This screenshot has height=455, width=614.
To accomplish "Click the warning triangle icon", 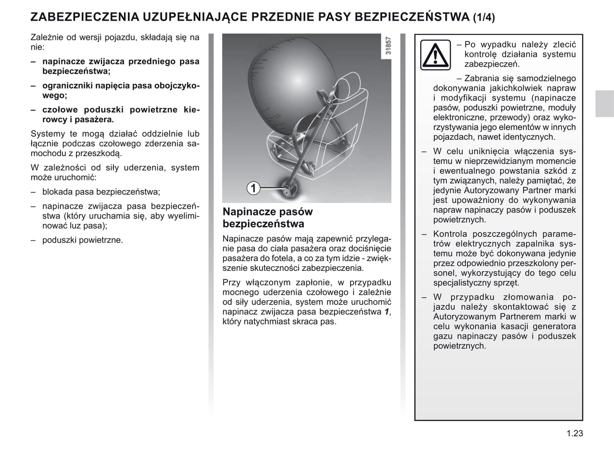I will pyautogui.click(x=435, y=55).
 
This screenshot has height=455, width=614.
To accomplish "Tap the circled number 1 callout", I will pyautogui.click(x=253, y=188).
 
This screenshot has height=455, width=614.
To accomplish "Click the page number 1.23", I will pyautogui.click(x=574, y=434).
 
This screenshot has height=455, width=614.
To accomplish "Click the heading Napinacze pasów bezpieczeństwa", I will pyautogui.click(x=268, y=218).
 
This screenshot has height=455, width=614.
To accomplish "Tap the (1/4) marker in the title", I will pyautogui.click(x=484, y=17).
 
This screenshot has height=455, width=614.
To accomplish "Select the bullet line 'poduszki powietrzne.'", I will pyautogui.click(x=82, y=240).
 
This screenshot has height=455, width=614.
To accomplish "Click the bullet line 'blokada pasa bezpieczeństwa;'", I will pyautogui.click(x=101, y=192).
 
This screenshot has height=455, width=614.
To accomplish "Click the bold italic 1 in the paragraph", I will pyautogui.click(x=386, y=312).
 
